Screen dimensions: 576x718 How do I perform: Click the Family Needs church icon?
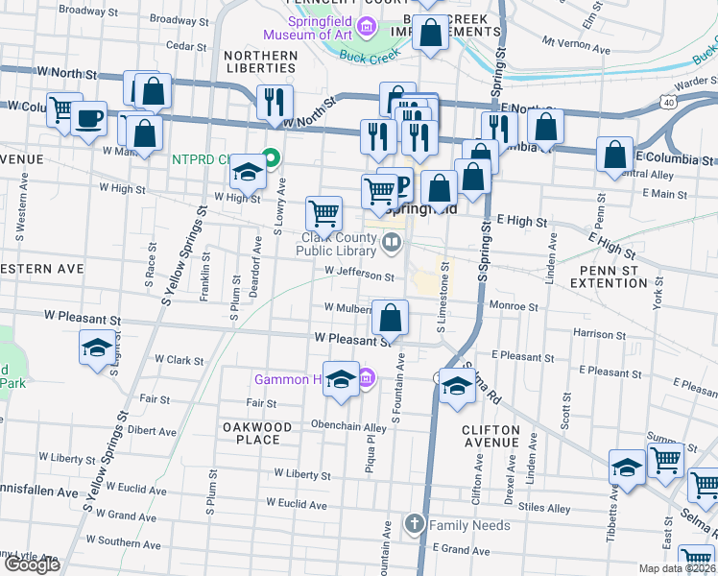tap(414, 524)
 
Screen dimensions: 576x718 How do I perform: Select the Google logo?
tap(32, 564)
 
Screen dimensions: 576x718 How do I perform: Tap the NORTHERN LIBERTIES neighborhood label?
tap(259, 61)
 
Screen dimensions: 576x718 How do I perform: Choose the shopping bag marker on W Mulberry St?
tap(391, 318)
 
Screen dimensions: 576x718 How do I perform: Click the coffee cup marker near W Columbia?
tap(89, 120)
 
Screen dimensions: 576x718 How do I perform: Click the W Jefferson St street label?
tap(359, 276)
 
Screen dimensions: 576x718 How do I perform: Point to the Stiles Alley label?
tap(543, 508)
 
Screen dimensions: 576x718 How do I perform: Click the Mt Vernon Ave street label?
tap(576, 43)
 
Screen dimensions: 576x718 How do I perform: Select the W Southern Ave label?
tap(93, 541)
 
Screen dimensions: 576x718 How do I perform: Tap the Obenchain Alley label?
tap(347, 426)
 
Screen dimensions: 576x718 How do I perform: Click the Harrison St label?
tap(599, 334)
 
